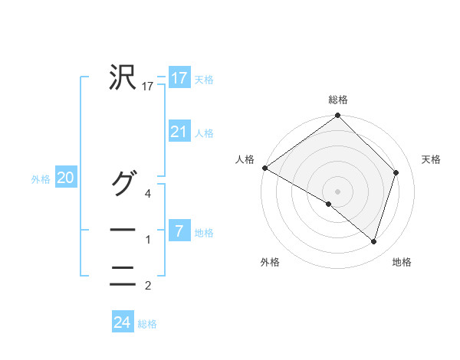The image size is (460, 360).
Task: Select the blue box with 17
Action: [x=179, y=78]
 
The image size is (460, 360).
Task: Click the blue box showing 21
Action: [x=179, y=132]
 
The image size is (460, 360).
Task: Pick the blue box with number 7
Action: [x=179, y=231]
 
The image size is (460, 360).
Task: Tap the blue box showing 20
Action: [x=65, y=178]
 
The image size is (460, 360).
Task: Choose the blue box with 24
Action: [x=122, y=322]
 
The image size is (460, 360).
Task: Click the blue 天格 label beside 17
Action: [x=204, y=80]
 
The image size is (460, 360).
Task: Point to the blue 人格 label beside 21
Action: [x=204, y=133]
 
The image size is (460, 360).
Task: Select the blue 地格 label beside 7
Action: [x=204, y=233]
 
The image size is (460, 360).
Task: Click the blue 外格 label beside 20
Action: [x=41, y=179]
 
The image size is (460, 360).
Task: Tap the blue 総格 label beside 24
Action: [x=147, y=324]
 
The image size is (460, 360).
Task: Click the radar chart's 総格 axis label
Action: [x=338, y=100]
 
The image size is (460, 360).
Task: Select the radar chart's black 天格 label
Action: [x=432, y=159]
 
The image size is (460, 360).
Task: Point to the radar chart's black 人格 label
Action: [x=245, y=159]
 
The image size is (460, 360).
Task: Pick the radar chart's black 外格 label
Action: [x=270, y=262]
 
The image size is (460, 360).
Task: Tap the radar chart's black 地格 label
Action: [x=402, y=262]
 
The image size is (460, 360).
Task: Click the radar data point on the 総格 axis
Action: [x=338, y=116]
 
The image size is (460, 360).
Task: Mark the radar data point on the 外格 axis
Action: [x=329, y=204]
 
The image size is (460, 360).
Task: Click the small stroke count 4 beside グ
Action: [x=148, y=194]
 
